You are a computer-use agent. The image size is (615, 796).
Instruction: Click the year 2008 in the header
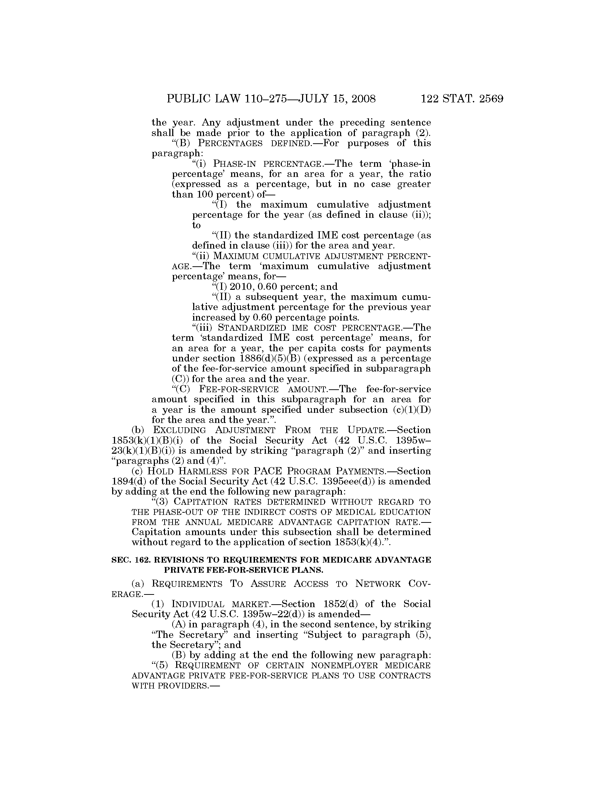point(361,99)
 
